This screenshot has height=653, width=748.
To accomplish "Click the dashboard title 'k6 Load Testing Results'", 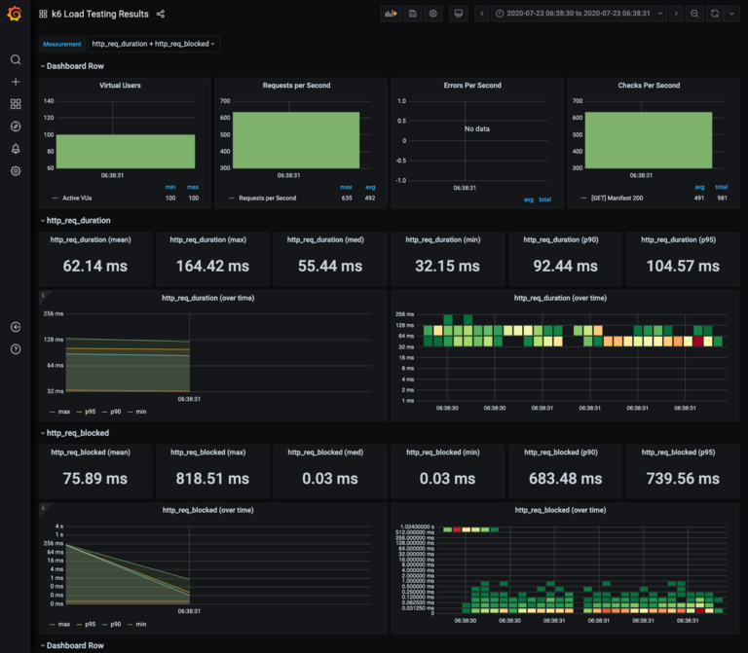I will [100, 14].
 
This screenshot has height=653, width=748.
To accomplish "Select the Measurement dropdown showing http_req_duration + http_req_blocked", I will [154, 44].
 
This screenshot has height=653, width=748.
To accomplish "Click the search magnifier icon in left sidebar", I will [16, 59].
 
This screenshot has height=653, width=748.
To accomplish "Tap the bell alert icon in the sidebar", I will [16, 149].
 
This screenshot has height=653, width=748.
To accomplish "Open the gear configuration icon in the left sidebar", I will [16, 171].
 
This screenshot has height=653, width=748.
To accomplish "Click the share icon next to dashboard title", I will [161, 14].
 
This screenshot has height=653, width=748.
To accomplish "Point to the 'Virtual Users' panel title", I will [120, 86].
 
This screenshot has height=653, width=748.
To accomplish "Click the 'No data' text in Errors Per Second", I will [477, 129].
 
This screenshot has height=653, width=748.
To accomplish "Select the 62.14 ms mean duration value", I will [95, 266].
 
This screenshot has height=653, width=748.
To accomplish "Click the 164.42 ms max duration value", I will [212, 266].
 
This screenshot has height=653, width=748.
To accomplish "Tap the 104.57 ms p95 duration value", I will [682, 266].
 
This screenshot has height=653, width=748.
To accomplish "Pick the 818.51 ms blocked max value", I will [212, 479].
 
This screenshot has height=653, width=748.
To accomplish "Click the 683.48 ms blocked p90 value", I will [564, 479].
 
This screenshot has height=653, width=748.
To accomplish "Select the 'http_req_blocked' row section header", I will [78, 432].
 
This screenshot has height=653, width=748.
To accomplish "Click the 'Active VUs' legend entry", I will [84, 198].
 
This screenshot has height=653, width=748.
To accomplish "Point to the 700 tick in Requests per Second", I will [224, 101].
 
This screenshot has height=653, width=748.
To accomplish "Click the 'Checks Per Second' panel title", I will [649, 86].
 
